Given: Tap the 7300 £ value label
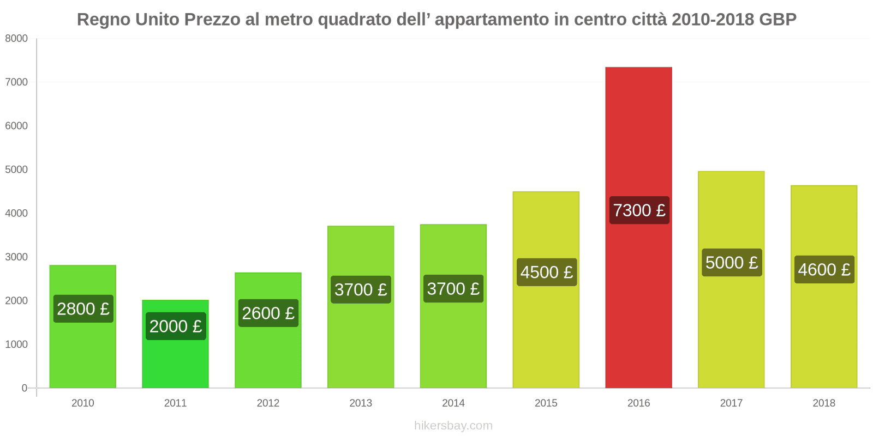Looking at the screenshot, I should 639,210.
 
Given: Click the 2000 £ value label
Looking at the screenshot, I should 176,326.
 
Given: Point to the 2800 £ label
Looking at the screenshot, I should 83,309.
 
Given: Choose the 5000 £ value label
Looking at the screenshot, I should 731,263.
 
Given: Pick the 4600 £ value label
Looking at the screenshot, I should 824,270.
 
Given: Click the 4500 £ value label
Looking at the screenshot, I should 546,272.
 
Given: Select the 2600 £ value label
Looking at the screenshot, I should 268,313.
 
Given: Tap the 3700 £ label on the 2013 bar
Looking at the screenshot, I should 361,289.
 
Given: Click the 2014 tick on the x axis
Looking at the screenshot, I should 453,403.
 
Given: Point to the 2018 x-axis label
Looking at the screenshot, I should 824,403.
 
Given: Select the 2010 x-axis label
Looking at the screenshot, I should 83,403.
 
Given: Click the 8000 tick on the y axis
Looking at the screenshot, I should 16,39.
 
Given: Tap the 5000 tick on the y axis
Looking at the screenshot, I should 16,169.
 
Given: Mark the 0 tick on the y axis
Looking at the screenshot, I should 24,388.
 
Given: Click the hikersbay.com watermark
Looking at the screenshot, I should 453,426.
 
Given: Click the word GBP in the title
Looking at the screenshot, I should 778,20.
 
